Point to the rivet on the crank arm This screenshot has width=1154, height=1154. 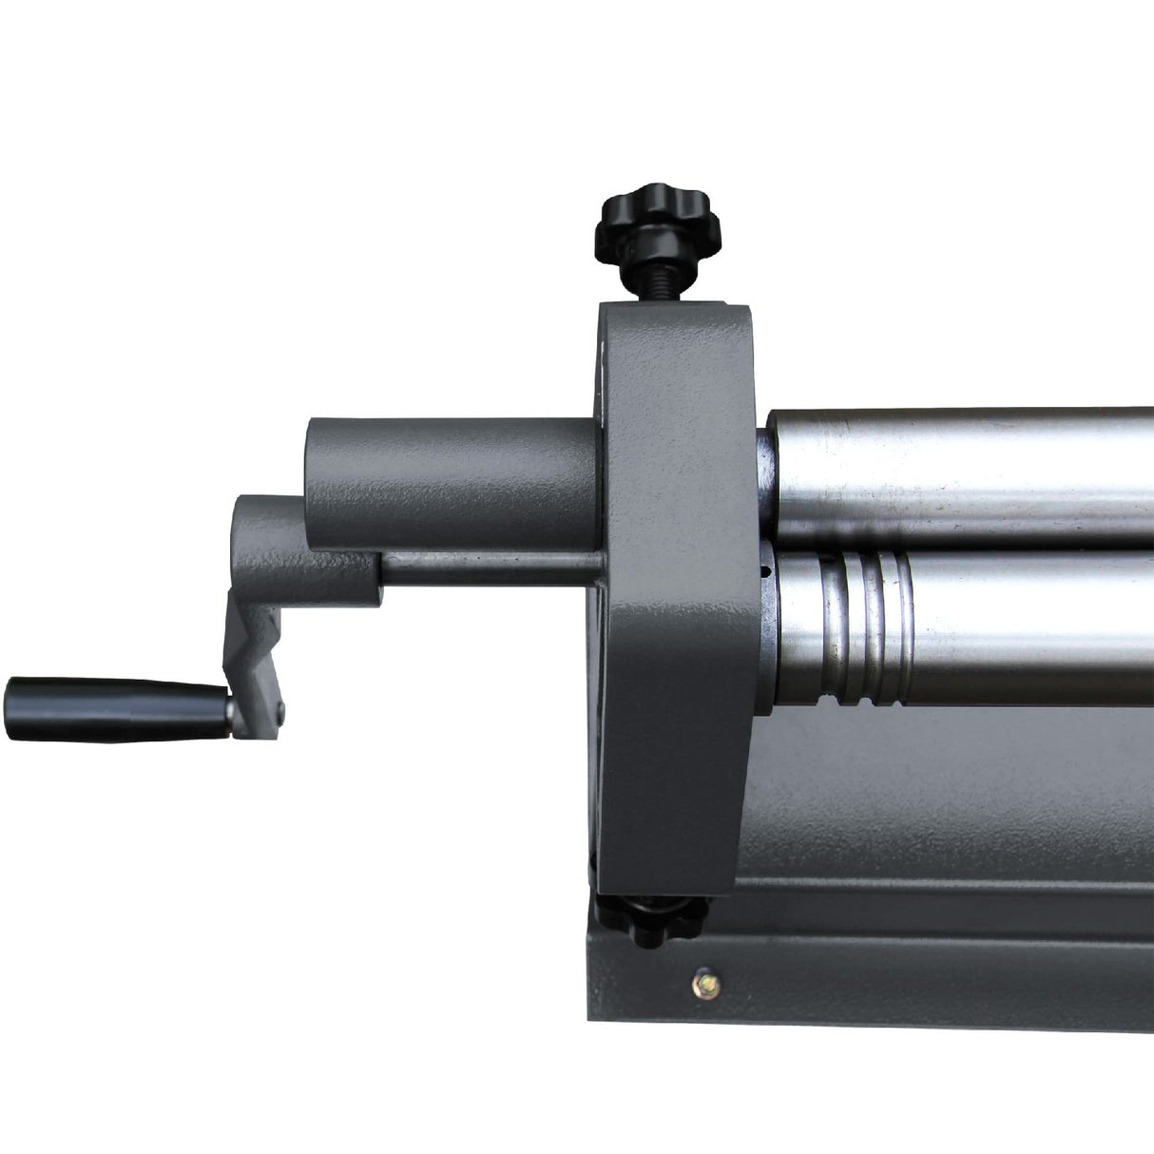(280, 705)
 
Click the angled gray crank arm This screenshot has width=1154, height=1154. (252, 656)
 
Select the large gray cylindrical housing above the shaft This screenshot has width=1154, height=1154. (447, 485)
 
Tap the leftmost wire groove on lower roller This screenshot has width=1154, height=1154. (840, 627)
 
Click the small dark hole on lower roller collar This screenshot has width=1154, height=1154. (762, 572)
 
